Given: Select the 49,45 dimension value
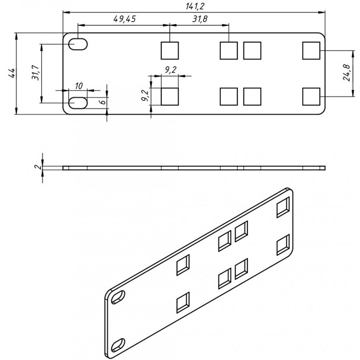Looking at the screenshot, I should [x=123, y=19].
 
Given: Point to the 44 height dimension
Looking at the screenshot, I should [x=13, y=73].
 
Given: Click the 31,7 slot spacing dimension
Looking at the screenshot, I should [x=36, y=73].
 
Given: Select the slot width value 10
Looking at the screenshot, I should [x=78, y=85].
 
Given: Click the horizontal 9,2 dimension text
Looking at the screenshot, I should [x=170, y=69].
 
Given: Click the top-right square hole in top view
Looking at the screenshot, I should [x=311, y=50].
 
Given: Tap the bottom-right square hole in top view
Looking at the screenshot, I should [x=311, y=96].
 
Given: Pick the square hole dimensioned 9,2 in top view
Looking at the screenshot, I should [x=170, y=97].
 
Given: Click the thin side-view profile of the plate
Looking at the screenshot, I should [x=193, y=168].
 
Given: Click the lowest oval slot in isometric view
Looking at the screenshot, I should [x=118, y=344].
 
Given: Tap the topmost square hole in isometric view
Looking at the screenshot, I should [x=283, y=207].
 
